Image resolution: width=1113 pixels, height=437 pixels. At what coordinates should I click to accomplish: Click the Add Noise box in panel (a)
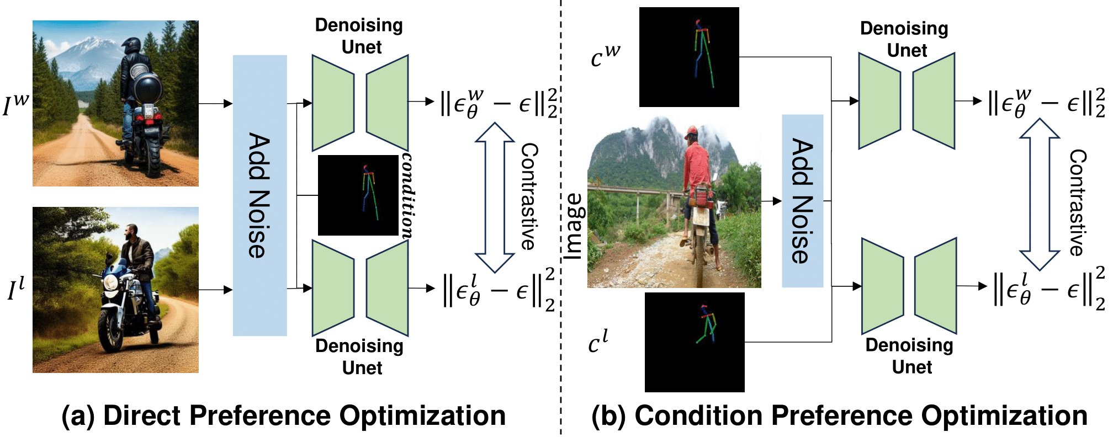259,195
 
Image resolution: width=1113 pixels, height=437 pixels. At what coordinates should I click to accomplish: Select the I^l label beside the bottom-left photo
16,289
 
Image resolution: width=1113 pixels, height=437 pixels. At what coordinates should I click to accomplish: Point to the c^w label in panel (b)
605,56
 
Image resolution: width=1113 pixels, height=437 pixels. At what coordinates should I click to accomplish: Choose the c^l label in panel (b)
598,342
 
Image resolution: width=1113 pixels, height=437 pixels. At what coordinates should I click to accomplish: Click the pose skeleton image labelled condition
358,195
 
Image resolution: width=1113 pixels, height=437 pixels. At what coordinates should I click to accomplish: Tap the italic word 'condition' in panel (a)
407,195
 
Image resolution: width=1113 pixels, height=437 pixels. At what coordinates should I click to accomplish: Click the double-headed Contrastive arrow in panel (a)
495,197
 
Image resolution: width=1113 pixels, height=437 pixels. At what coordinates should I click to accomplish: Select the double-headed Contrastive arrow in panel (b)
1039,194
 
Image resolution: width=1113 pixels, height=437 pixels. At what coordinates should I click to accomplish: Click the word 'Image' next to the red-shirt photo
574,226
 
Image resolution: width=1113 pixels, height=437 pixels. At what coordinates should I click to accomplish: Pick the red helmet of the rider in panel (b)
691,132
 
